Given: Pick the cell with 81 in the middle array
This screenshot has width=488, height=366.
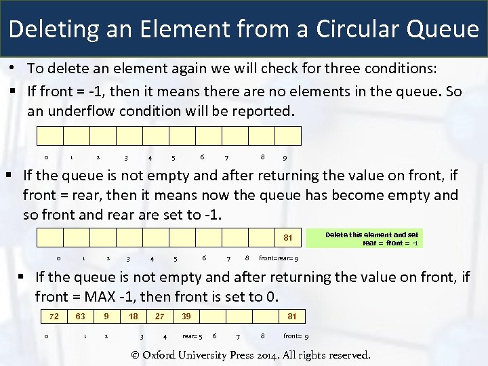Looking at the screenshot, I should click(x=287, y=238).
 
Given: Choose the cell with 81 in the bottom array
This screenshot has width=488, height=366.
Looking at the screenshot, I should click(x=291, y=316).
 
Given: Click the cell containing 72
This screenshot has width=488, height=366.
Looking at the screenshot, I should click(x=54, y=316).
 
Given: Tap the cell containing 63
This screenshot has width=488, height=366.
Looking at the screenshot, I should click(x=80, y=316).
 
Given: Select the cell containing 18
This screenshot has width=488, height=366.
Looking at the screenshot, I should click(x=134, y=316).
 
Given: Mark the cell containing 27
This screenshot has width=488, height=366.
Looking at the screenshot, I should click(x=159, y=316).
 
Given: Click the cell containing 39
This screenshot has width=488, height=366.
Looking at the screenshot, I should click(x=186, y=316).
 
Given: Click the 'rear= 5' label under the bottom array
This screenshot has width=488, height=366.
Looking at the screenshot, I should click(x=192, y=336).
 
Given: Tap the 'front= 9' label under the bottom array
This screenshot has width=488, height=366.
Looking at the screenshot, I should click(x=296, y=336).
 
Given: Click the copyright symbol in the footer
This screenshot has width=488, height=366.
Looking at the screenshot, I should click(x=136, y=354).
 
